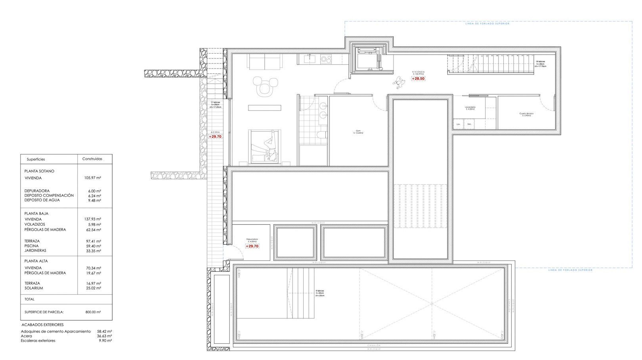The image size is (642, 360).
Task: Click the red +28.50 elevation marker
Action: point(418,79)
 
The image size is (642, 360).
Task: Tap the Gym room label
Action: point(358,132)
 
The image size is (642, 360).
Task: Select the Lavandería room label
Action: point(470,108)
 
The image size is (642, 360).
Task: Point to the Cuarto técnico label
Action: point(526,114)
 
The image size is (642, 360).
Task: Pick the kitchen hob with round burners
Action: point(326,59)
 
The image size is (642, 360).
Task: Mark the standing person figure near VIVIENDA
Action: point(399,82)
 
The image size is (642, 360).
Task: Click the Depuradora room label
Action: point(252,240)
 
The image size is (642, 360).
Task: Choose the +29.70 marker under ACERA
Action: point(215,136)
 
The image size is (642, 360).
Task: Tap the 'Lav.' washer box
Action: point(459,124)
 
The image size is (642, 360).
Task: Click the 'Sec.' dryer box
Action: point(469,124)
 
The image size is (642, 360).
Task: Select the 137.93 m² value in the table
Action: point(93,219)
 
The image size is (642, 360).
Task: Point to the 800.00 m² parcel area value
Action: point(93,312)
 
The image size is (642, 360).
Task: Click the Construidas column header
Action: point(92,159)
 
